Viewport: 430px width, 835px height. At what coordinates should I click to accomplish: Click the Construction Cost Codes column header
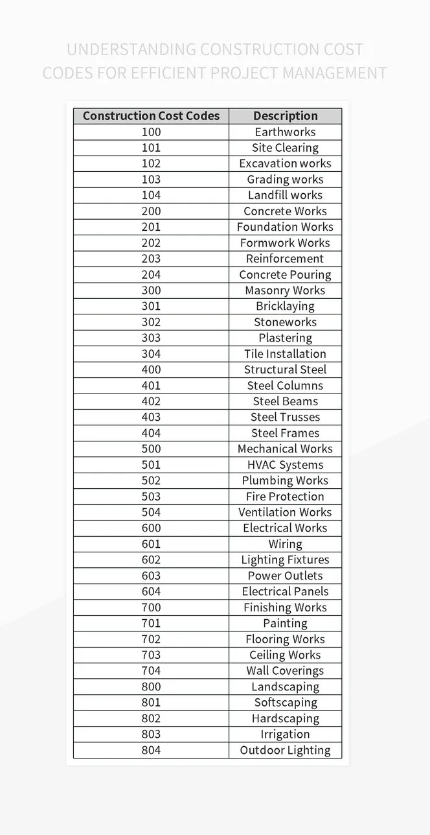point(151,116)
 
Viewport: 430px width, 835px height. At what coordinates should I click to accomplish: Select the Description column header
point(285,116)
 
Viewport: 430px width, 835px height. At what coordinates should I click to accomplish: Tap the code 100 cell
point(151,132)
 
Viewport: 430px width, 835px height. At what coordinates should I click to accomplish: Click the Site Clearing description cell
point(285,148)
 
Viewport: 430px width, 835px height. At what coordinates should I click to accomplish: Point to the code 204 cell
point(151,275)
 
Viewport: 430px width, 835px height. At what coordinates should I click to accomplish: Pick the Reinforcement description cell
point(285,259)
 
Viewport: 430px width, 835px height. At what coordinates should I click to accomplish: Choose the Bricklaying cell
point(285,306)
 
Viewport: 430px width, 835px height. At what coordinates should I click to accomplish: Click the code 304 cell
point(151,354)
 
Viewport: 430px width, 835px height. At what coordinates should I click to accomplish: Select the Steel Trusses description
point(285,417)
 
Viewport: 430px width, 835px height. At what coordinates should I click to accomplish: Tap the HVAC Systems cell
point(285,465)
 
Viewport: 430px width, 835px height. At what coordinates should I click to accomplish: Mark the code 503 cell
point(151,497)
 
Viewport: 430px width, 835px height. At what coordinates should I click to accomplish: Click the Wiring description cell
point(285,544)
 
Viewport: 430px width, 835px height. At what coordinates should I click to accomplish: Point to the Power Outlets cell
point(285,576)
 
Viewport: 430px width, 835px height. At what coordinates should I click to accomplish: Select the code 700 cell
point(151,607)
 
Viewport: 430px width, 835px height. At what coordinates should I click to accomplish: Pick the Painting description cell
point(285,623)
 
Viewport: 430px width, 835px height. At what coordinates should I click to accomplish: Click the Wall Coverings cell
point(285,671)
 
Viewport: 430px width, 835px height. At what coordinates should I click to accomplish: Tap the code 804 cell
point(151,750)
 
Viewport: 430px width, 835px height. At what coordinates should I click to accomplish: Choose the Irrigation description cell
point(285,735)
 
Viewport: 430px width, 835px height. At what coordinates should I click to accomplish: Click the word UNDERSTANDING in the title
point(131,50)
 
